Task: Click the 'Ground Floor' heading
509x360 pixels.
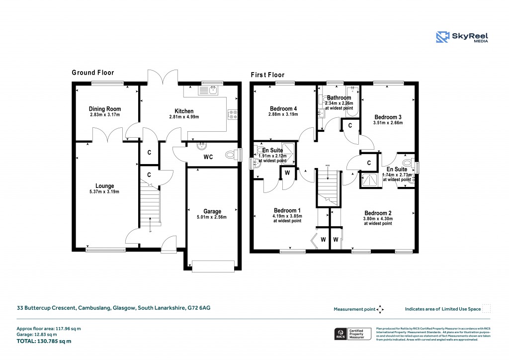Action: coord(93,73)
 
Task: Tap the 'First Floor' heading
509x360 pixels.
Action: coord(267,75)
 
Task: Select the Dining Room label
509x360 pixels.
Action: coord(105,109)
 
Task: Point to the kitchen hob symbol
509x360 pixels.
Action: coord(232,114)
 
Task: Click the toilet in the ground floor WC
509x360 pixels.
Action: coord(231,155)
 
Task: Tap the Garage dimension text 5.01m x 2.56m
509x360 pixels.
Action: coord(212,217)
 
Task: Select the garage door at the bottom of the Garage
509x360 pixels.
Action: coord(213,266)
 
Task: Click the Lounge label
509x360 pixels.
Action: coord(105,186)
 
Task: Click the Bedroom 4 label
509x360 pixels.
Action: coord(283,109)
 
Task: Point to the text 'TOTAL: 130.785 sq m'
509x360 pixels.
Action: coord(45,341)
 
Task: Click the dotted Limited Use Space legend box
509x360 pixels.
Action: coord(487,309)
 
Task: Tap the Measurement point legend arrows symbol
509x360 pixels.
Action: coord(380,309)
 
